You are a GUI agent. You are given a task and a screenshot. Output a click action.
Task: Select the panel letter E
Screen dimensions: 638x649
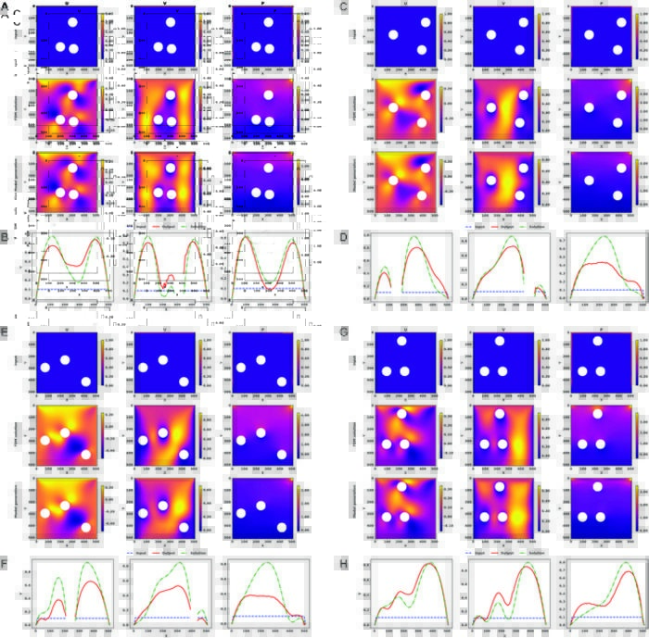click(x=5, y=328)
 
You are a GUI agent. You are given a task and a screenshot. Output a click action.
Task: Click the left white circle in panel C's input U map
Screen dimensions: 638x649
click(x=392, y=36)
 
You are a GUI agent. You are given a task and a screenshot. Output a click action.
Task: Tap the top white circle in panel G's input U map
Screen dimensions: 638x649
click(x=401, y=341)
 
